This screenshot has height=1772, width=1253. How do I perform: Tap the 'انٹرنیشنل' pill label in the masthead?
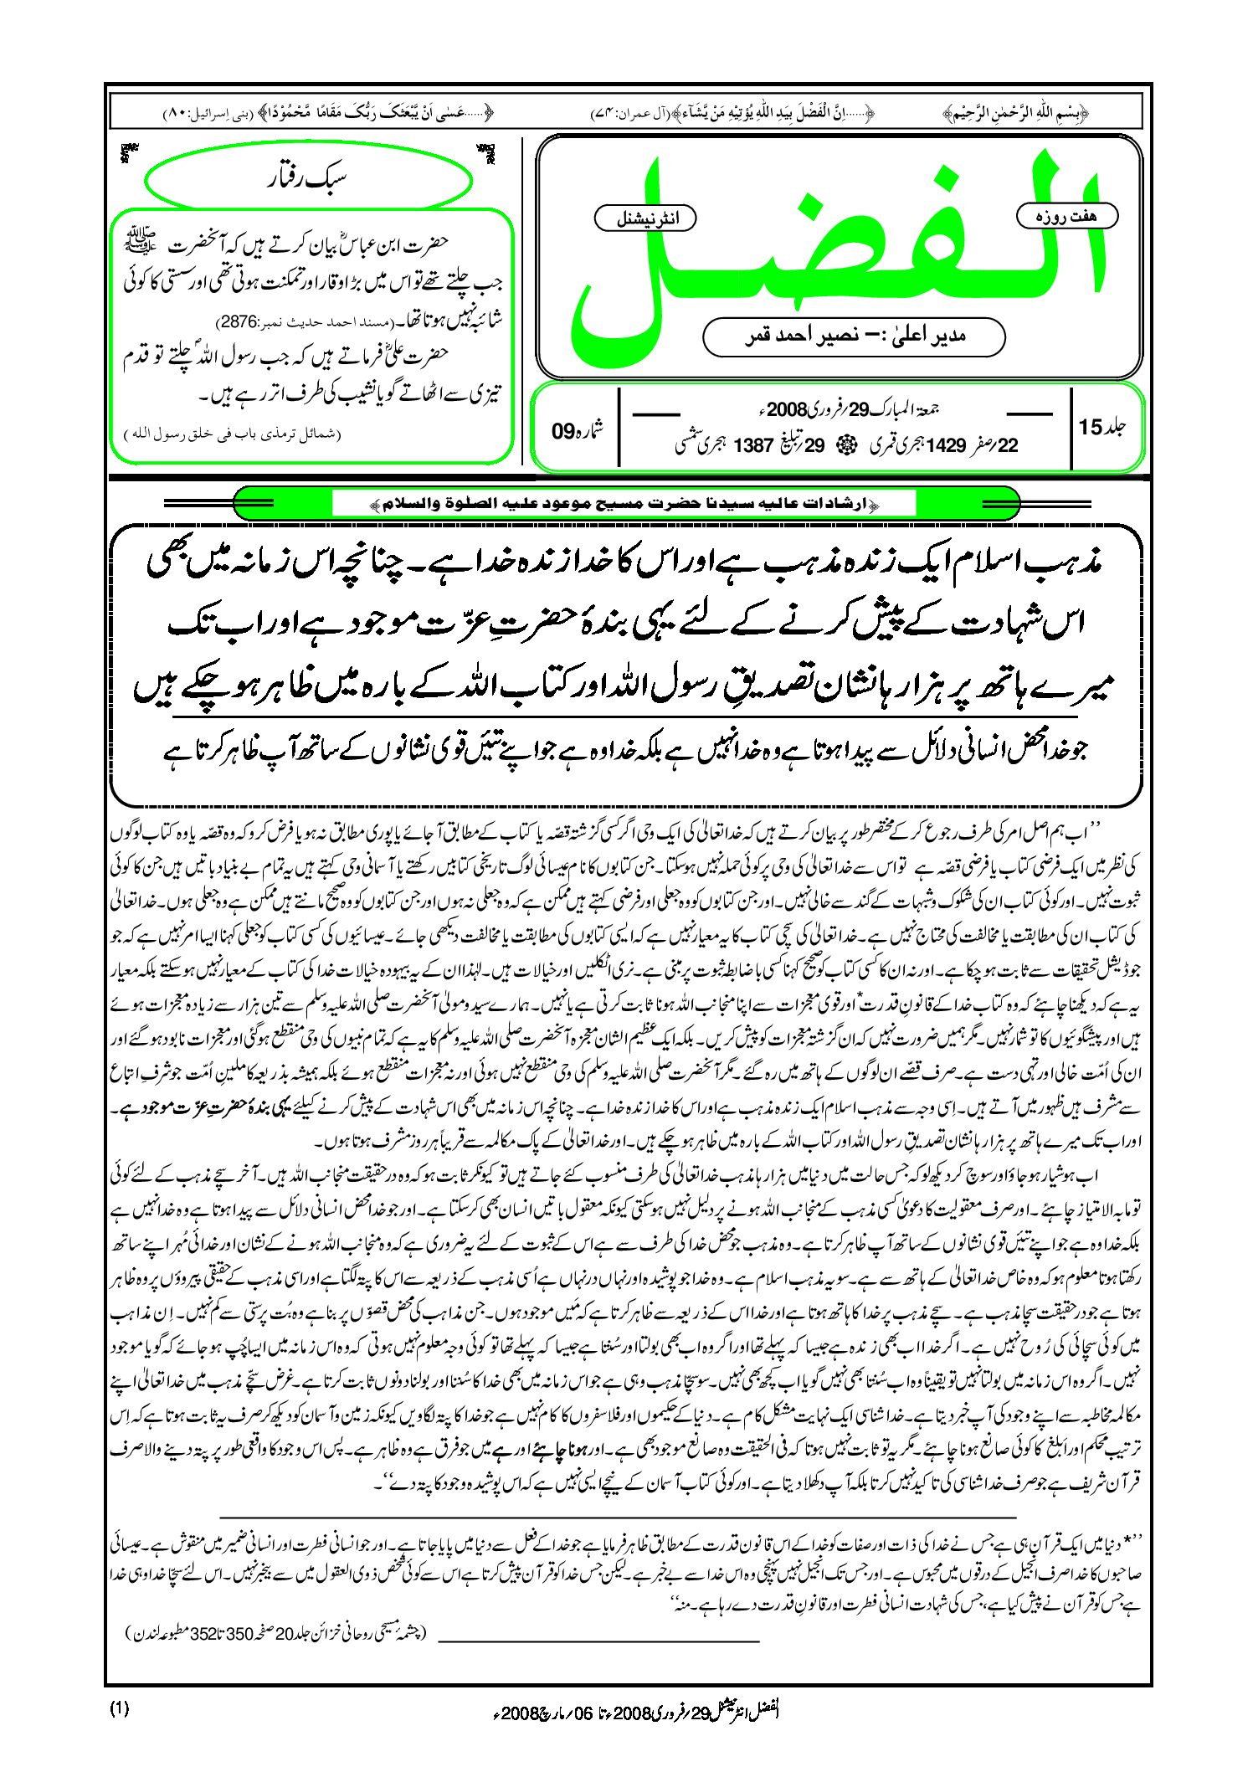[645, 218]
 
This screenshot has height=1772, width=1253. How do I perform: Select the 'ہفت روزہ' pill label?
[1067, 217]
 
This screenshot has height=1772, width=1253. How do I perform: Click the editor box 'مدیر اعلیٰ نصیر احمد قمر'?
[854, 336]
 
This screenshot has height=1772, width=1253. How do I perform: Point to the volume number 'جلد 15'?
[1103, 427]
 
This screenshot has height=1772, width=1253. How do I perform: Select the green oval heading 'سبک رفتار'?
[308, 179]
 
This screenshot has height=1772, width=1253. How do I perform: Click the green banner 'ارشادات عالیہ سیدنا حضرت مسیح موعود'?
[624, 504]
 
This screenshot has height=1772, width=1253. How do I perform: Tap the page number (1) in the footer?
[119, 1708]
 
